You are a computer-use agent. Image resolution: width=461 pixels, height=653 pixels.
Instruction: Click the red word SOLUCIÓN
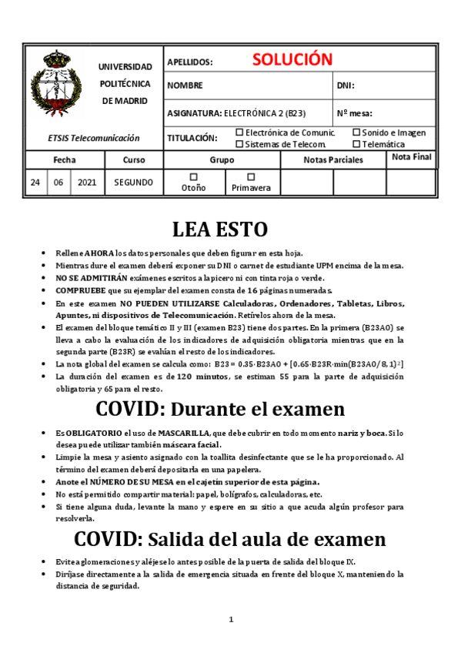click(x=291, y=60)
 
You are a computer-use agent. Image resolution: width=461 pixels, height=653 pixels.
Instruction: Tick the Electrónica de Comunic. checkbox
click(x=239, y=132)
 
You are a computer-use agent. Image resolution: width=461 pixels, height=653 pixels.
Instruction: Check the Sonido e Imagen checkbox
click(x=356, y=132)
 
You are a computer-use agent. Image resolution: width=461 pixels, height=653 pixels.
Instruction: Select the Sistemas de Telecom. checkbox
click(x=239, y=143)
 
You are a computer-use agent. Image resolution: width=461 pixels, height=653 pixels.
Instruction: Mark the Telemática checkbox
click(x=356, y=143)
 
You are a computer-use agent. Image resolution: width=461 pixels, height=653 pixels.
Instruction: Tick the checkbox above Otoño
click(x=194, y=176)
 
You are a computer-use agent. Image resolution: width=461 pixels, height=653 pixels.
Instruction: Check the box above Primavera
click(x=251, y=176)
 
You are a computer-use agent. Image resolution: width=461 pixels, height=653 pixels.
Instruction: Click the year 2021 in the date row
click(x=87, y=183)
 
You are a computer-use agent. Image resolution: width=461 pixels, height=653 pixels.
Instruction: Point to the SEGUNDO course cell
click(x=134, y=183)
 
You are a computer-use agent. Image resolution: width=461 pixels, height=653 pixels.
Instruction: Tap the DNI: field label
click(x=346, y=86)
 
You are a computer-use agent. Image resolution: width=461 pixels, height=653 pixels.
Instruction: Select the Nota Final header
click(x=412, y=157)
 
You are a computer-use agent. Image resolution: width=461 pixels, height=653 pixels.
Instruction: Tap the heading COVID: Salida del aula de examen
click(x=230, y=537)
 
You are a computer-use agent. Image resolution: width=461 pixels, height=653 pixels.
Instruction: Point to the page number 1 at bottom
click(x=231, y=620)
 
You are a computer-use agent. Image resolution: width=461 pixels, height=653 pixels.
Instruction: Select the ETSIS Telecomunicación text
click(x=94, y=138)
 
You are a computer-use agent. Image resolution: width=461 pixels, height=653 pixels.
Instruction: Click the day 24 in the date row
click(x=35, y=183)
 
